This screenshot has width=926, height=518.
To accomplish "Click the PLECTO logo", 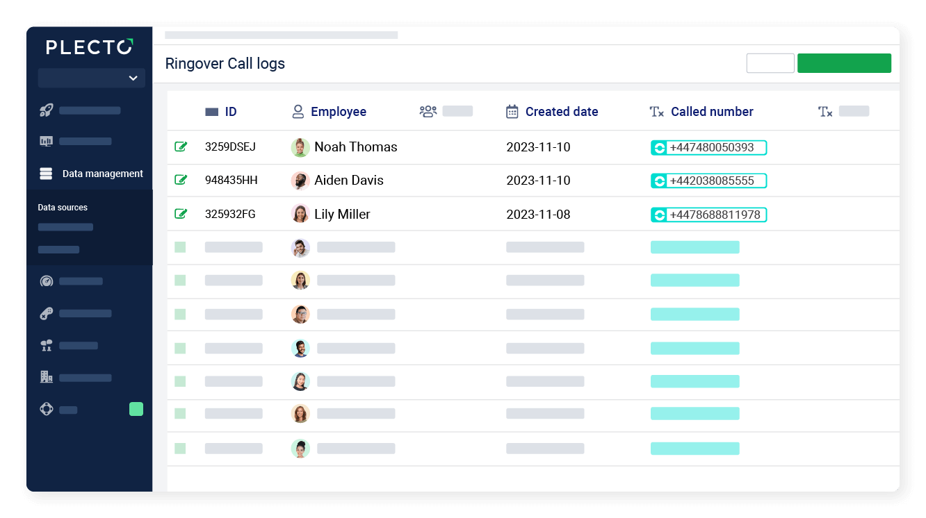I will point(89,47).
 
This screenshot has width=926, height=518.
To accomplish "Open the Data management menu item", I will point(102,174).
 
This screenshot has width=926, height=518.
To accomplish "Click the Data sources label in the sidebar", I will point(63,208).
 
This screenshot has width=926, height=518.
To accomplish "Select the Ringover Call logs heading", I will point(225,64).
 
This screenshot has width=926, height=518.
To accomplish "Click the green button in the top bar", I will point(844,63).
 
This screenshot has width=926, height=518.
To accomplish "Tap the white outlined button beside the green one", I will point(770,63).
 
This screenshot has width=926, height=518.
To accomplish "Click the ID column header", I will point(230,112).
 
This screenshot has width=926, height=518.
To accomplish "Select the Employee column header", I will point(338,112).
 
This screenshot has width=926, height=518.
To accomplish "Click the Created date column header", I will point(561,112).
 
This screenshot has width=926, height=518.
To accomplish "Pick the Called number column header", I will point(711,112).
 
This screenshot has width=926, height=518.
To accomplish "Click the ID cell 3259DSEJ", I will point(230,147).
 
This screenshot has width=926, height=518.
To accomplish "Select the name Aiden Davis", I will point(349,181).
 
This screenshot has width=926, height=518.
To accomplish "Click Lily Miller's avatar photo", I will point(300,214).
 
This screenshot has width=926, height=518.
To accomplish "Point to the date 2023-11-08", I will point(538,215).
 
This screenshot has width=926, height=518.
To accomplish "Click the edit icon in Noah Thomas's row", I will point(181,147).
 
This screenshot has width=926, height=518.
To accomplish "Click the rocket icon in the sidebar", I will point(47,110).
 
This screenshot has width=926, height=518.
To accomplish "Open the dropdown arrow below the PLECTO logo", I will point(133,78).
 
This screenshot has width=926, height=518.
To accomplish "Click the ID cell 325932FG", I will point(230,215).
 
